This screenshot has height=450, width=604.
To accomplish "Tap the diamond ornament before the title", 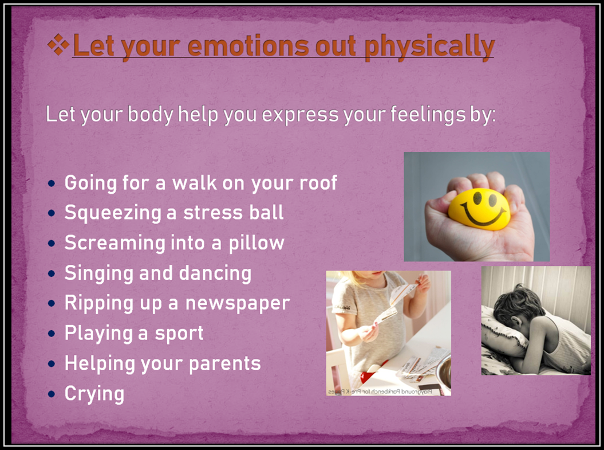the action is [x=58, y=44].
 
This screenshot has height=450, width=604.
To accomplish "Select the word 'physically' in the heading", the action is [x=429, y=48].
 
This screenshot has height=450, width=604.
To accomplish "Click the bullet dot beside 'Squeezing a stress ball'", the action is [x=51, y=213].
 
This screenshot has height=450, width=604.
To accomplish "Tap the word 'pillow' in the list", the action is [x=256, y=244].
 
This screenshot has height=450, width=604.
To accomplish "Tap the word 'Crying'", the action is [x=94, y=394].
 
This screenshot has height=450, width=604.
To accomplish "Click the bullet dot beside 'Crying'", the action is [x=51, y=394].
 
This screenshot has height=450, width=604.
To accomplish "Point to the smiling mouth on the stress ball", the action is [x=483, y=215].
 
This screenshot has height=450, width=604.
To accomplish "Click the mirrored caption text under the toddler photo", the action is [x=380, y=392].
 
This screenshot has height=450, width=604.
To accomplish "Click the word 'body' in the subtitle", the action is [x=150, y=115].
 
